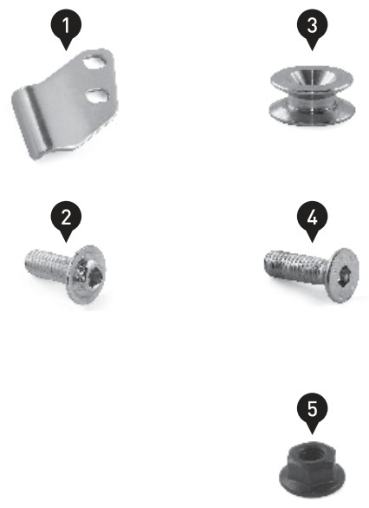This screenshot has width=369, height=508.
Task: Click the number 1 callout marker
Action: [66, 28]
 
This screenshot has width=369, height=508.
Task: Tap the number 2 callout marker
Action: [66, 219]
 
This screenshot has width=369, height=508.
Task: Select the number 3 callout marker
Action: [313, 28]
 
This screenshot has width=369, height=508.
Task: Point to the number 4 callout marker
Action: [313, 219]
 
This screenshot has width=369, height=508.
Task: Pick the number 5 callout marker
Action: [313, 411]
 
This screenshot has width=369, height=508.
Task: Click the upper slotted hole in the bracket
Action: [95, 62]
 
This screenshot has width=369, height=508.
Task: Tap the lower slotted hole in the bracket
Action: [97, 95]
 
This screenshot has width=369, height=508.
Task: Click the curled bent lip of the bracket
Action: [31, 123]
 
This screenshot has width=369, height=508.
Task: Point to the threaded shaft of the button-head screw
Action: [47, 265]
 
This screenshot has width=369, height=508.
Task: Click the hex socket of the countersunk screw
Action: [343, 277]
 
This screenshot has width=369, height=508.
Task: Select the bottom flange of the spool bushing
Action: [312, 113]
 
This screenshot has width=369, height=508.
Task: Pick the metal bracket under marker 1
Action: [65, 104]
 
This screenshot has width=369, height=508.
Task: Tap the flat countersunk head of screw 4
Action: [342, 276]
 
